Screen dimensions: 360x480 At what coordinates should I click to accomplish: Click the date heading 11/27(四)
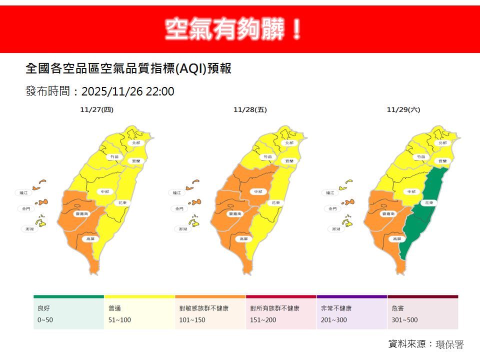pos(96,109)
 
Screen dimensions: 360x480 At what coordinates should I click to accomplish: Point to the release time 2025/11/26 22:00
pos(127,91)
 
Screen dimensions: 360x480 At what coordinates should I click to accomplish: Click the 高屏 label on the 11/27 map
pos(89,239)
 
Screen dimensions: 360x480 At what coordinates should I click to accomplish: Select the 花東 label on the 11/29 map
pos(427,203)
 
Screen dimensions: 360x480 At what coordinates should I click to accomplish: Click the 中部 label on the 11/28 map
pos(258,191)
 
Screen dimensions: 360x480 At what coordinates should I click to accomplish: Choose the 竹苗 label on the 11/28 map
pos(268,156)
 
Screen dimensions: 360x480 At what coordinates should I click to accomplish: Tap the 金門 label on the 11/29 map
pos(330,208)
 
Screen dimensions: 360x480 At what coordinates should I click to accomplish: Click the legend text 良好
pos(44,308)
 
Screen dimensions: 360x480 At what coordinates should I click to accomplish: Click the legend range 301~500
pos(405,320)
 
